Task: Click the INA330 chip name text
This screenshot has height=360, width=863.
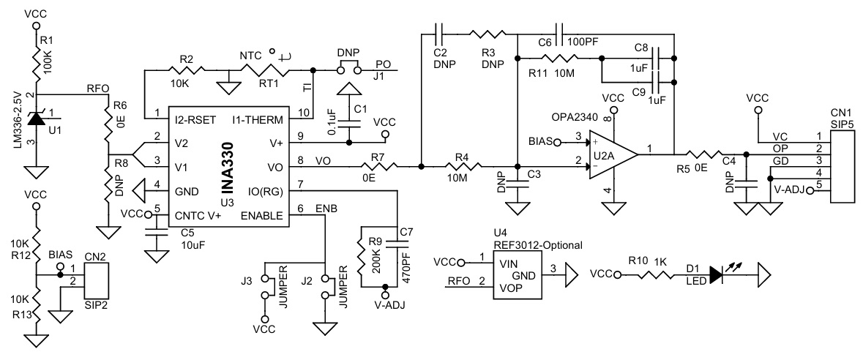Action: coord(230,165)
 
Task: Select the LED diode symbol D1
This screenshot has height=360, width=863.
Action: coord(716,274)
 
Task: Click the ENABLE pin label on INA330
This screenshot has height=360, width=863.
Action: coord(262,215)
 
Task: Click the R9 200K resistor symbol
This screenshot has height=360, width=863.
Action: coord(361,256)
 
